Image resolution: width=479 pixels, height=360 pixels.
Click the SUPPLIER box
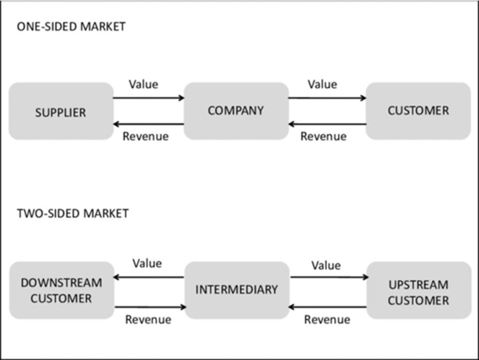61,111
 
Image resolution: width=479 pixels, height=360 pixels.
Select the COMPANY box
236,111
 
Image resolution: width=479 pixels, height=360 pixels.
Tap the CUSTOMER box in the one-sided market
418,111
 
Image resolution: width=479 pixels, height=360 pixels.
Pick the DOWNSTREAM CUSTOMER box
61,290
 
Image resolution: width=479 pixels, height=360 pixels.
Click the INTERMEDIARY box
237,290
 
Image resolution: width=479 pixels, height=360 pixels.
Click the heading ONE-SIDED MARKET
71,27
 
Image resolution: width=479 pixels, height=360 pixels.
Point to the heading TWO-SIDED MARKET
73,213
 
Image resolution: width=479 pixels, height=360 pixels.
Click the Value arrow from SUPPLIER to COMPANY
149,98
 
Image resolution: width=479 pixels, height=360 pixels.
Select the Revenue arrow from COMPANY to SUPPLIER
149,124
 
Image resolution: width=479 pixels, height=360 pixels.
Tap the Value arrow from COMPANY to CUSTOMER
327,98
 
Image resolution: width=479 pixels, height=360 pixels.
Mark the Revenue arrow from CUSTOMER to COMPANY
327,124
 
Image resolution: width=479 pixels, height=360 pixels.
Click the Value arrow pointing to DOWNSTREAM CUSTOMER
149,277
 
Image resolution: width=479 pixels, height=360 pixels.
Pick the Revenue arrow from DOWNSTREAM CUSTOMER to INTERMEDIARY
150,307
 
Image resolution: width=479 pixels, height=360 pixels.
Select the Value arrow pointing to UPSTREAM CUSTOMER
329,277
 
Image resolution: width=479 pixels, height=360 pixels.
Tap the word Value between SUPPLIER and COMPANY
144,84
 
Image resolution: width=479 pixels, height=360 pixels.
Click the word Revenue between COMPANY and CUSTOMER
323,137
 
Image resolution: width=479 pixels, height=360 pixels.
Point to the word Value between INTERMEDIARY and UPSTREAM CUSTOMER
326,265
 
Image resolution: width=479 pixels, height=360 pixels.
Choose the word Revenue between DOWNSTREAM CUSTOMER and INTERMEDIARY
148,320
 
